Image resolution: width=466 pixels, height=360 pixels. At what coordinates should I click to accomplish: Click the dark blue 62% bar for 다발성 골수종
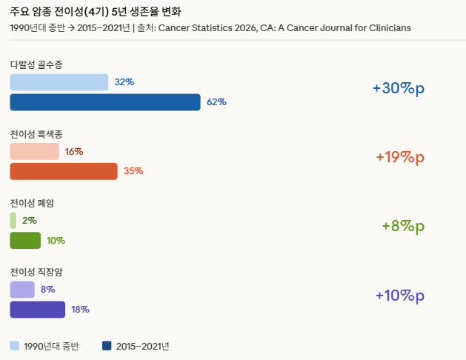pos(105,102)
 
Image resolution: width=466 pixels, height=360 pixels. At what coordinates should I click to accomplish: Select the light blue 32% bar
pos(59,82)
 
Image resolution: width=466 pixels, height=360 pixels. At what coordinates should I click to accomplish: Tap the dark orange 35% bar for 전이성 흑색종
pos(64,171)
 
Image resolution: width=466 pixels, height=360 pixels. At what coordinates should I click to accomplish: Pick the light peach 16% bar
pos(34,152)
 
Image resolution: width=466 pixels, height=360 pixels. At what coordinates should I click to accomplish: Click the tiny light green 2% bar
pos(13,220)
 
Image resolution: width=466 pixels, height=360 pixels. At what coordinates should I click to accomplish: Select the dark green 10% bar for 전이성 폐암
pos(25,241)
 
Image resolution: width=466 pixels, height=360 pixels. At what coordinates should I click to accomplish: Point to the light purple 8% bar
pos(22,290)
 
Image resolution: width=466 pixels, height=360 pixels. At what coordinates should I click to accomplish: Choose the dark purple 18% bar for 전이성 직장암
pos(38,310)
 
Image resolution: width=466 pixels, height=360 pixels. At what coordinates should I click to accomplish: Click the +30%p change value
pos(399,88)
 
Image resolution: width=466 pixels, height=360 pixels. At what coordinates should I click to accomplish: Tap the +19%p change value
pos(399,157)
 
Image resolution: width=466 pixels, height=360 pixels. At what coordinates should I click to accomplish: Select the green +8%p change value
pos(403,227)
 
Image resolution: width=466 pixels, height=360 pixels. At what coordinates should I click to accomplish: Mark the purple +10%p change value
pos(399,296)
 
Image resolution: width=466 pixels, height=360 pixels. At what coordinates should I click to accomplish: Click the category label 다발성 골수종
pos(36,65)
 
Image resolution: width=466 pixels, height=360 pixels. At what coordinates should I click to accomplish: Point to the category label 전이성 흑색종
pos(36,134)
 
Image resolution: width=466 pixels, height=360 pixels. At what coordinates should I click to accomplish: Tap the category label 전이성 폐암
pos(32,203)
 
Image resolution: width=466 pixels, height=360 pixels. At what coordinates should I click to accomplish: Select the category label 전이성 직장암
pos(36,272)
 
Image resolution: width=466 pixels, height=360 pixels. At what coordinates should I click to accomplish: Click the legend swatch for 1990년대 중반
pos(15,345)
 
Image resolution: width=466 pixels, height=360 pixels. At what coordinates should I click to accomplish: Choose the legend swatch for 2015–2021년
pos(107,345)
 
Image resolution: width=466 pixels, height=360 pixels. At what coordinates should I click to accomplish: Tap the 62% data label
pos(216,102)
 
